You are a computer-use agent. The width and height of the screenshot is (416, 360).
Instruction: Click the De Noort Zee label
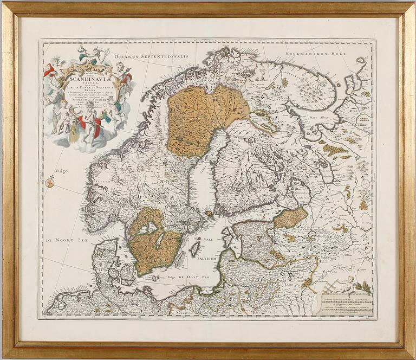coord(66,240)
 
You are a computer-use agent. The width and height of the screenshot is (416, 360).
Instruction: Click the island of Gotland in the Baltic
coord(194,248)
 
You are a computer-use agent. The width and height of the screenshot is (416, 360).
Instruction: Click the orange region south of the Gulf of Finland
coord(290,217)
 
